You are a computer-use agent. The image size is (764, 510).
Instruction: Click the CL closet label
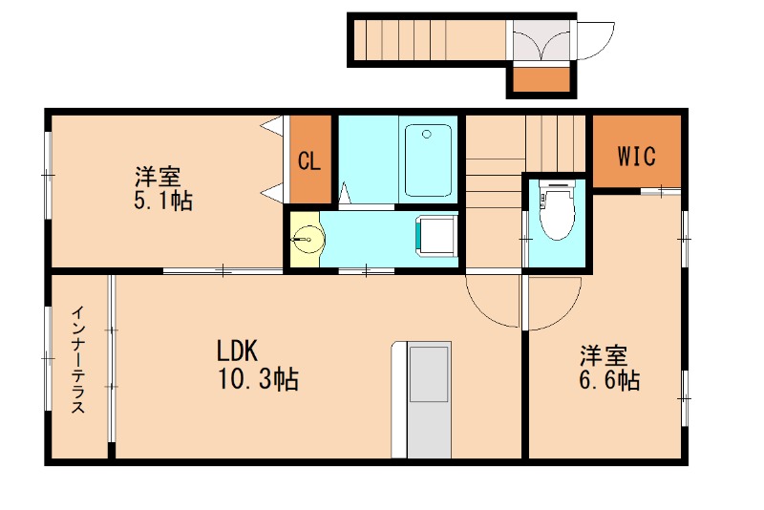tap(308, 160)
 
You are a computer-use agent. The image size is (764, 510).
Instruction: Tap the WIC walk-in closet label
tap(636, 156)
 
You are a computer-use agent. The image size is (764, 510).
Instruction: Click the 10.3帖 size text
tap(258, 380)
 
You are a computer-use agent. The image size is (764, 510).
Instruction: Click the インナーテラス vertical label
tap(80, 359)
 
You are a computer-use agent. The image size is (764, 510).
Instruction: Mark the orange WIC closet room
tap(636, 153)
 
